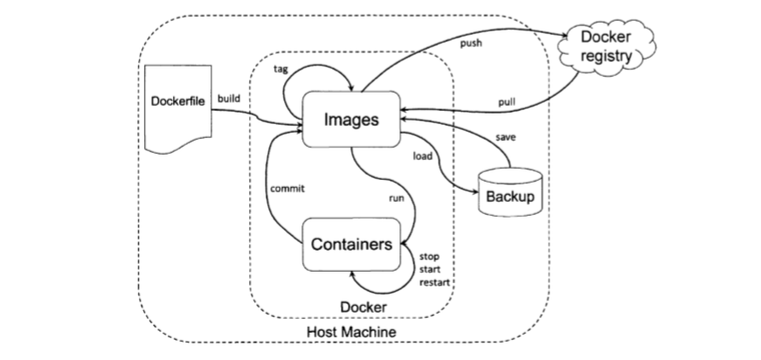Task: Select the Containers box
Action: pyautogui.click(x=351, y=245)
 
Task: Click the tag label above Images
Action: pyautogui.click(x=280, y=68)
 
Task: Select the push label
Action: pyautogui.click(x=471, y=43)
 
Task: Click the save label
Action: pyautogui.click(x=505, y=138)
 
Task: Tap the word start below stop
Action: pyautogui.click(x=429, y=270)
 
